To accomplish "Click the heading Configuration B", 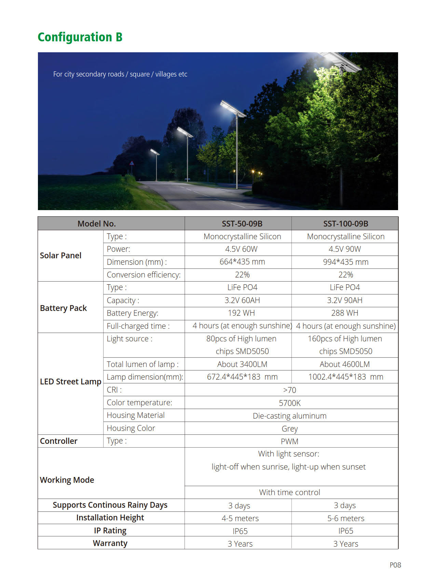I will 80,37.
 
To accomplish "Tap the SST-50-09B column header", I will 242,223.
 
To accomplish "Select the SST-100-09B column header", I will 345,223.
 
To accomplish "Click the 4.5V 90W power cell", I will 344,249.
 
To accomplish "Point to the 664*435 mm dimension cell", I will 242,262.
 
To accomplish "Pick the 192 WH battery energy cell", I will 241,313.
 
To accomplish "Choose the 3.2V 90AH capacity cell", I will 344,300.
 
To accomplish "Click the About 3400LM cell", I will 242,364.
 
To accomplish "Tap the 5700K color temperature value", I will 289,403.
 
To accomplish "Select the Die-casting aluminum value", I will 289,416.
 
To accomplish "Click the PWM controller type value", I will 289,441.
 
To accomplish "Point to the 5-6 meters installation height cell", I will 345,518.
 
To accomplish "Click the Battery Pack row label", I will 63,308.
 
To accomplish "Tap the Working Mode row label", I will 67,480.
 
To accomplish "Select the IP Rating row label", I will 110,531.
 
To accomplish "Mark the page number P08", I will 395,565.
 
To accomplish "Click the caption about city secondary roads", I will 120,74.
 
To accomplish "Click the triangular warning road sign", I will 132,163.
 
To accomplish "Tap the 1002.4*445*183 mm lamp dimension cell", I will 345,377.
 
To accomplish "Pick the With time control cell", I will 289,492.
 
